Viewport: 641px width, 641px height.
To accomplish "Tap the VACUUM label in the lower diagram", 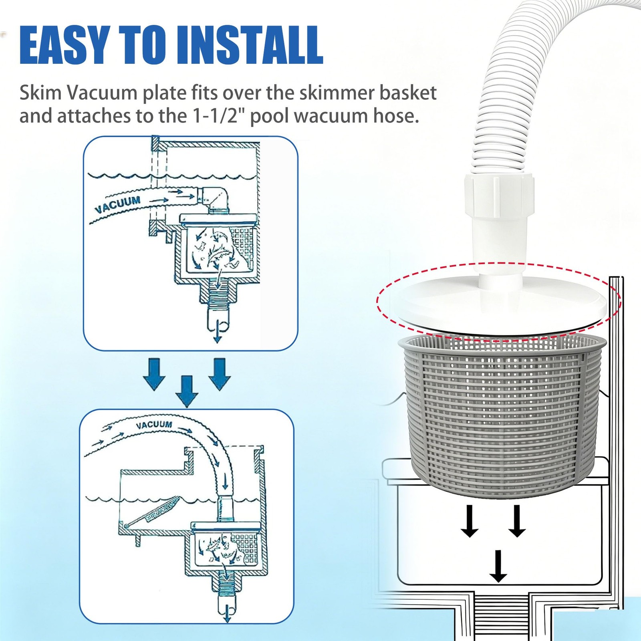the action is click(154, 425).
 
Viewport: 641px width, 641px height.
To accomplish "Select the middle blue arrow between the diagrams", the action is click(187, 391).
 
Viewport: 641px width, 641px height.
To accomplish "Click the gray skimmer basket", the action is click(498, 417).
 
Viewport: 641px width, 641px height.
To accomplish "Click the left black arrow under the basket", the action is click(470, 521).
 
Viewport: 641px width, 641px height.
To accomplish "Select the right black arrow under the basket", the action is click(517, 521).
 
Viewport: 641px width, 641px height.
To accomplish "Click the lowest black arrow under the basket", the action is click(498, 566).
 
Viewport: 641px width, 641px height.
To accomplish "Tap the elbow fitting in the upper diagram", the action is click(215, 199).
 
